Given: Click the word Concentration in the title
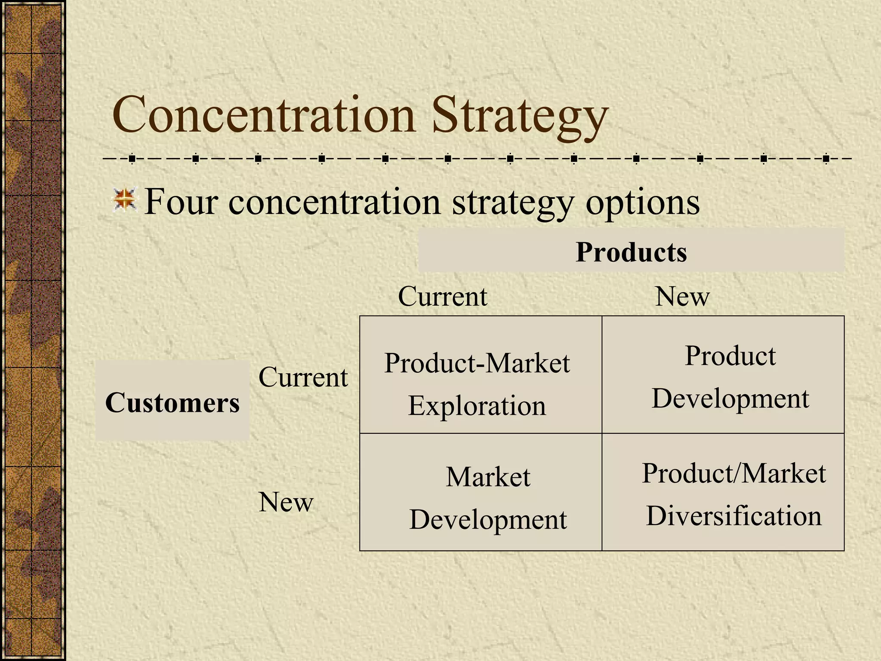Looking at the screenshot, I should [263, 115].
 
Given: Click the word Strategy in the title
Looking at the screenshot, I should [519, 117].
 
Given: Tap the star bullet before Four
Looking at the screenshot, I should [125, 200].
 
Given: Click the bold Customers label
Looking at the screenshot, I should [172, 403].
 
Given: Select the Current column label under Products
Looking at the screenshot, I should [443, 297].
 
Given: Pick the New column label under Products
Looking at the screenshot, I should [682, 297].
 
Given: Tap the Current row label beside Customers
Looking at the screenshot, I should [303, 377].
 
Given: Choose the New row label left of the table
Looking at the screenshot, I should [286, 502].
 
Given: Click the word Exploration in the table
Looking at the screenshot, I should [477, 406].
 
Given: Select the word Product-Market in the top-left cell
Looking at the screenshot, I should [477, 363].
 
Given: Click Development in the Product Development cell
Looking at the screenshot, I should [730, 399].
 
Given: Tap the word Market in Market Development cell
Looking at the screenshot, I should [488, 477].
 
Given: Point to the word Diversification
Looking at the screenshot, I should [733, 516].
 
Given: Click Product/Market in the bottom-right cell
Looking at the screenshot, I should [733, 473].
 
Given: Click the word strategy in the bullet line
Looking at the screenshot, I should [513, 203].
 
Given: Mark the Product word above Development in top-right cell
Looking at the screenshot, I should [730, 356].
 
